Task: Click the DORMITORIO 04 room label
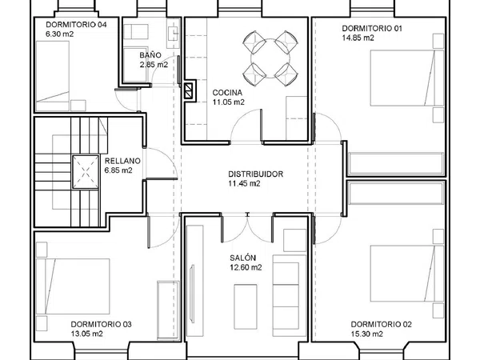click(76, 25)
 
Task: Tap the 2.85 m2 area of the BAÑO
click(154, 65)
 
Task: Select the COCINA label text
click(227, 93)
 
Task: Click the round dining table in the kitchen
click(270, 58)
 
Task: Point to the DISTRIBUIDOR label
click(256, 174)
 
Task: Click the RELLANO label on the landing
click(122, 161)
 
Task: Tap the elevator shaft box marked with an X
click(86, 172)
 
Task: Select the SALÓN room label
click(242, 258)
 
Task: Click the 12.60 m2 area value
click(246, 267)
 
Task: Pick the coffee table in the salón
click(246, 306)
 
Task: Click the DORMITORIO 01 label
click(372, 28)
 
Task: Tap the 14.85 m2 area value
click(358, 38)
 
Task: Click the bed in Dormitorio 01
click(407, 78)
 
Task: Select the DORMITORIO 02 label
click(381, 324)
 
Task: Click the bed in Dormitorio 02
click(407, 274)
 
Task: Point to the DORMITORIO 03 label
click(102, 324)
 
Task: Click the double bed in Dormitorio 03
click(73, 286)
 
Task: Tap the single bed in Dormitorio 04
click(53, 76)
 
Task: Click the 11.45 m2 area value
click(244, 183)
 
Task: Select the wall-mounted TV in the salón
click(192, 294)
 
